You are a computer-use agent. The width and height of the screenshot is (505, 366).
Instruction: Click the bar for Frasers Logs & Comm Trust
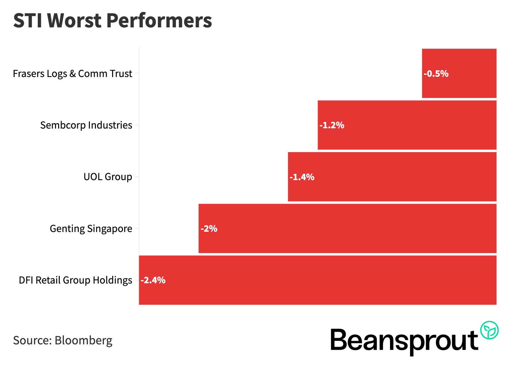(x=459, y=73)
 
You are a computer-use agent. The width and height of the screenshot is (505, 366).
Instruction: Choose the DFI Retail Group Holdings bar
(x=318, y=280)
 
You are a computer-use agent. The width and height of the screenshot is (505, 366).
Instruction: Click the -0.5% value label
(x=436, y=74)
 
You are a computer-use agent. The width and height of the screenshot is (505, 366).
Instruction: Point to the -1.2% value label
(x=332, y=125)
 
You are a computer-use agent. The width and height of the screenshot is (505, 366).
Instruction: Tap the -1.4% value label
(x=302, y=177)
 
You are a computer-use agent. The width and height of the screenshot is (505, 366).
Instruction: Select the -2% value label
(x=209, y=229)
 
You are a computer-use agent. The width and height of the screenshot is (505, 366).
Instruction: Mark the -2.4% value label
(x=153, y=280)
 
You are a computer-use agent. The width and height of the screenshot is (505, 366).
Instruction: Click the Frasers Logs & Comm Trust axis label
(x=72, y=74)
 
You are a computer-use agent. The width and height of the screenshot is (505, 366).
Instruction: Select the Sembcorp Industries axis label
(x=86, y=125)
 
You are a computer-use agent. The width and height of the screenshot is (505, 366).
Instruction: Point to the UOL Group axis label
(x=108, y=177)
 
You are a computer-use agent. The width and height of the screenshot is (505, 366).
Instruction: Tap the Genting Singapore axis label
(x=91, y=229)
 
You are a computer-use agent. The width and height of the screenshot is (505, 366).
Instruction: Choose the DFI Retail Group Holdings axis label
(x=75, y=280)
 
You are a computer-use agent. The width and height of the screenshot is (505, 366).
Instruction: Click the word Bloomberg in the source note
(x=83, y=341)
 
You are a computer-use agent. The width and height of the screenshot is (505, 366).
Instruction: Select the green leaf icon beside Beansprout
(x=489, y=330)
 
